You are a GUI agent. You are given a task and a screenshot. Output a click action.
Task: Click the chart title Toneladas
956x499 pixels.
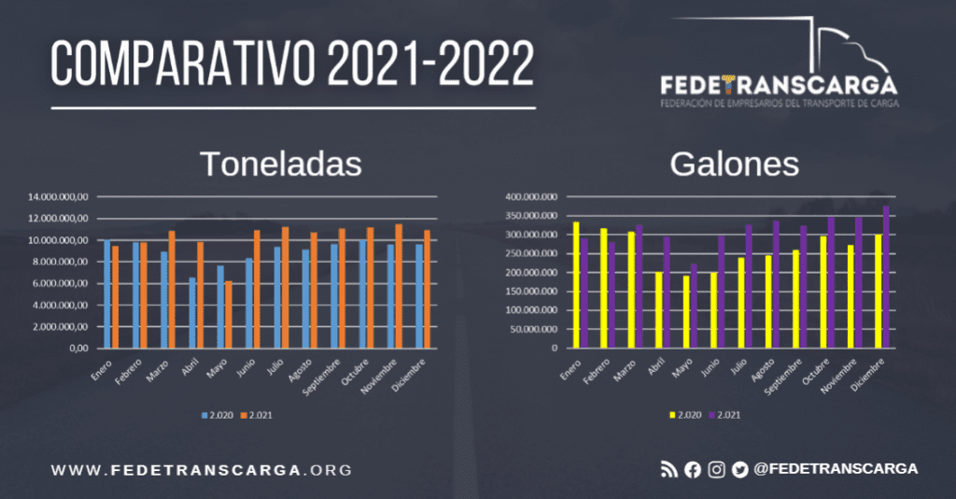tap(281, 164)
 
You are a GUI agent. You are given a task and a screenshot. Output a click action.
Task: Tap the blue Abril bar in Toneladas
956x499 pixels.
tap(192, 312)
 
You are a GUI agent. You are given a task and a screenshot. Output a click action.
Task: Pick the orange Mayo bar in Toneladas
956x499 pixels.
tap(228, 314)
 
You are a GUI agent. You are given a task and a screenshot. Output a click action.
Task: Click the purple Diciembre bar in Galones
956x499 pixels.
tap(886, 277)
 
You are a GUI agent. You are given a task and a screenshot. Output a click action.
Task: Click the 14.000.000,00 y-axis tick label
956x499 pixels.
tap(59, 197)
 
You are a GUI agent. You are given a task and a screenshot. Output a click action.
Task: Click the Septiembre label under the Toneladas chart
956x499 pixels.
tap(329, 375)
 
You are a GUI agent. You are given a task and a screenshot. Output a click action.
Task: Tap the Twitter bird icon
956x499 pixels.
tap(740, 470)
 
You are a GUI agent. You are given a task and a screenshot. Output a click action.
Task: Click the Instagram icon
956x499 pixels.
tap(716, 470)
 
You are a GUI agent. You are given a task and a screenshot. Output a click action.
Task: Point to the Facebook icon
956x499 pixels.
tap(692, 470)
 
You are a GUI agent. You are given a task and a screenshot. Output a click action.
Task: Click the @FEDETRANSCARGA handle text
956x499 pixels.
tap(836, 468)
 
